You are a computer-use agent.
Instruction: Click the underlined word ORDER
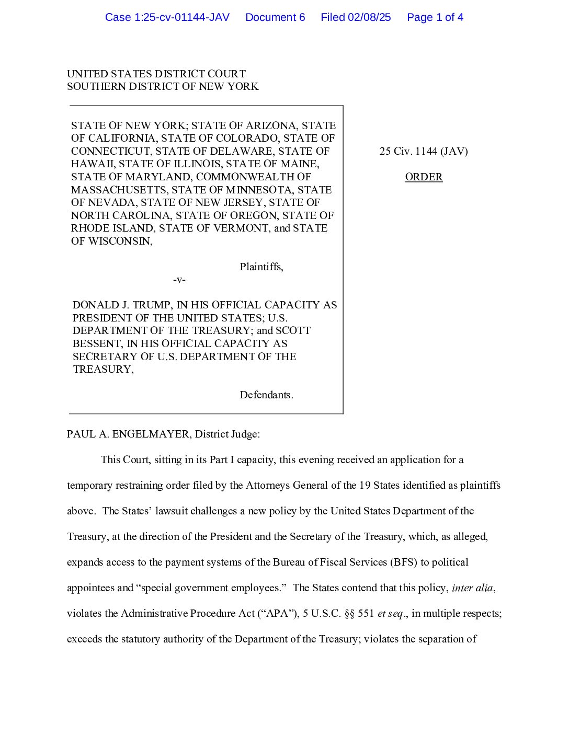pos(424,177)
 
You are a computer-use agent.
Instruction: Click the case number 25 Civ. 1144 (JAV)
pos(424,152)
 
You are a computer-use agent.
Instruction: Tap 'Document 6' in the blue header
pos(275,17)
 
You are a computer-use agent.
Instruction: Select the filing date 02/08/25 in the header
pos(369,17)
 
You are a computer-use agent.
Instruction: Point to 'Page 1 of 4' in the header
pos(435,17)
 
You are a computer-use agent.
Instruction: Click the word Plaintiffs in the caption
pos(261,267)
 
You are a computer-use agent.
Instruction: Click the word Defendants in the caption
pos(266,395)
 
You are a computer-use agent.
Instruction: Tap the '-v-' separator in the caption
pos(179,280)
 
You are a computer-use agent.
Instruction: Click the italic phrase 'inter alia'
pos(472,588)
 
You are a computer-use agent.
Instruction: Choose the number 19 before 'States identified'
pos(365,486)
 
